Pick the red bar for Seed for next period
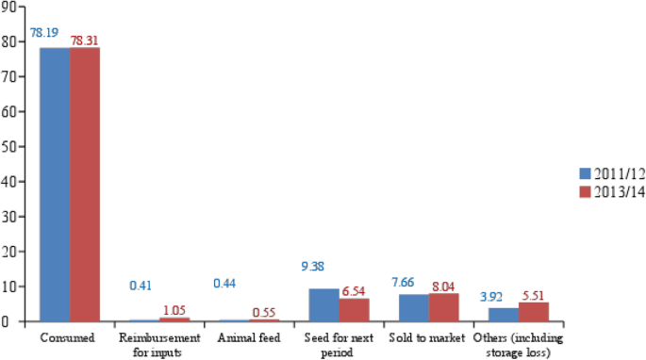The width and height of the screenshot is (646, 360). (x=355, y=309)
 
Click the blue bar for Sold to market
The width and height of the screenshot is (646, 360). (x=414, y=307)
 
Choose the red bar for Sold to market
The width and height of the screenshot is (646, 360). (x=444, y=306)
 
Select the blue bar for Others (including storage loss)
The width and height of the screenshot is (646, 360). (x=504, y=314)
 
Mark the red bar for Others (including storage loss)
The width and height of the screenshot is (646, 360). (x=534, y=311)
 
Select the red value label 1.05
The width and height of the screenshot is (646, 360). (x=174, y=309)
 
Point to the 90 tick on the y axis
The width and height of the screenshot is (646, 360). (x=9, y=8)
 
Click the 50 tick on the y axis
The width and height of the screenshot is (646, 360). (x=9, y=146)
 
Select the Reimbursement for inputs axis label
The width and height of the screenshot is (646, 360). (x=159, y=342)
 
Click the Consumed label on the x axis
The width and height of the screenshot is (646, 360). (x=69, y=336)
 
